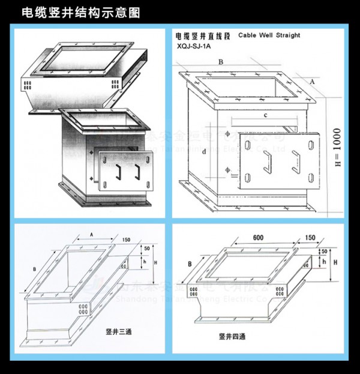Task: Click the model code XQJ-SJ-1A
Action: click(x=194, y=45)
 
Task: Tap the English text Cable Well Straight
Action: click(x=269, y=35)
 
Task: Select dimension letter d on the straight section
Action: click(x=204, y=152)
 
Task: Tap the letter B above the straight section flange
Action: click(x=221, y=62)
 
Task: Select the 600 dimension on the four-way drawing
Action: click(x=259, y=238)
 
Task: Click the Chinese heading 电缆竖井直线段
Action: click(x=202, y=35)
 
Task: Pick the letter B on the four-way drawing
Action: click(x=190, y=263)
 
